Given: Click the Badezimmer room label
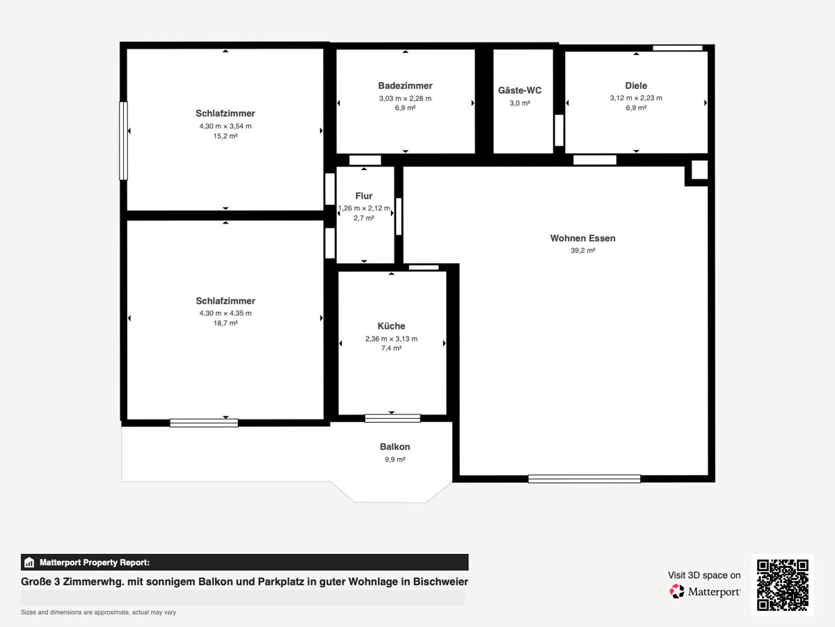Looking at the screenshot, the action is [405, 86].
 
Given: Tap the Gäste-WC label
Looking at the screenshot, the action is [520, 91].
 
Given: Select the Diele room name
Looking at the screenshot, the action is [636, 86].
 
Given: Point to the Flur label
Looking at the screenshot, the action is [364, 196].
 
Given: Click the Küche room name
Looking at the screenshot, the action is [392, 326].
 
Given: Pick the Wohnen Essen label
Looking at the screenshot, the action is [583, 238].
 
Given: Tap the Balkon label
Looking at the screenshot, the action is [395, 447].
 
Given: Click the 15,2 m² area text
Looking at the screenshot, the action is [225, 136].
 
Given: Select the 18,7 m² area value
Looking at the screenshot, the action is [225, 323].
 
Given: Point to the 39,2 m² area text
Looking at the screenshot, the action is [583, 251].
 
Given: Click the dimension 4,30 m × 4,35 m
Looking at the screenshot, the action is [225, 313].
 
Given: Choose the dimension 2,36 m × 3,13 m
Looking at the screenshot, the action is [392, 339].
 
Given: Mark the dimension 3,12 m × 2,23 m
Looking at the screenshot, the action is [636, 98].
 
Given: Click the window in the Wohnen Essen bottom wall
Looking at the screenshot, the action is [584, 479].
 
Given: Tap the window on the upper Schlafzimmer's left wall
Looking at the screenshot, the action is [124, 141].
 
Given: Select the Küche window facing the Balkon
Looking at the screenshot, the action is [392, 419].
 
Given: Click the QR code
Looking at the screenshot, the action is [783, 585].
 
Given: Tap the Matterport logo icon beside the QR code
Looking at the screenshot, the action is [677, 591].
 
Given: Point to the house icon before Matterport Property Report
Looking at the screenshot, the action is [29, 562].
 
